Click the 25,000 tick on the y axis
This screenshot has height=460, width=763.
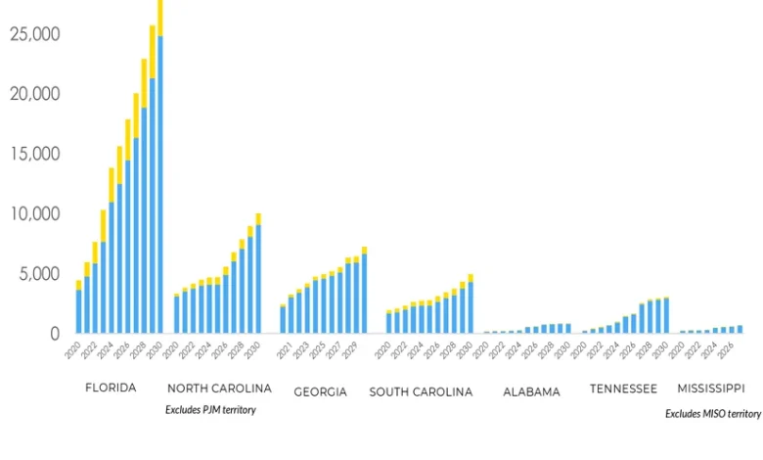(35, 34)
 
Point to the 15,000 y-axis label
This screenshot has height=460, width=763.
(35, 154)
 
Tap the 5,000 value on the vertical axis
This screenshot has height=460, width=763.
(40, 274)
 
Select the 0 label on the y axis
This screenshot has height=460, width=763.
(55, 334)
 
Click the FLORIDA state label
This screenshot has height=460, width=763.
(111, 388)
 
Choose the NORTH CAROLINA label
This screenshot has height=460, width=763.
(219, 389)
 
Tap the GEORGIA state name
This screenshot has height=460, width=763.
(320, 391)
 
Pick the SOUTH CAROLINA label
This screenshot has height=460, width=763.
(421, 391)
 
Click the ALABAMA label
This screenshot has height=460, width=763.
(531, 391)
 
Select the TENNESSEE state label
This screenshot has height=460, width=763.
(623, 389)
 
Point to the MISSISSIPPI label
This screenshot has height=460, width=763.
(711, 389)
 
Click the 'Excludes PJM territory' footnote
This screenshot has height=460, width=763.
(210, 410)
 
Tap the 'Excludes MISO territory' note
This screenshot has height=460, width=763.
(713, 414)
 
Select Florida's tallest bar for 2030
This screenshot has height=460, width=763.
(160, 166)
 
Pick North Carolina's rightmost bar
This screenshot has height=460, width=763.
(258, 274)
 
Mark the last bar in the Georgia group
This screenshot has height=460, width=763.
(364, 290)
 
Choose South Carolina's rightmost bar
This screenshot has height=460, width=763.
(471, 304)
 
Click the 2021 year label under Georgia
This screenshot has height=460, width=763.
(283, 348)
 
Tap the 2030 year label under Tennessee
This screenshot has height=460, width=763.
(664, 348)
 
